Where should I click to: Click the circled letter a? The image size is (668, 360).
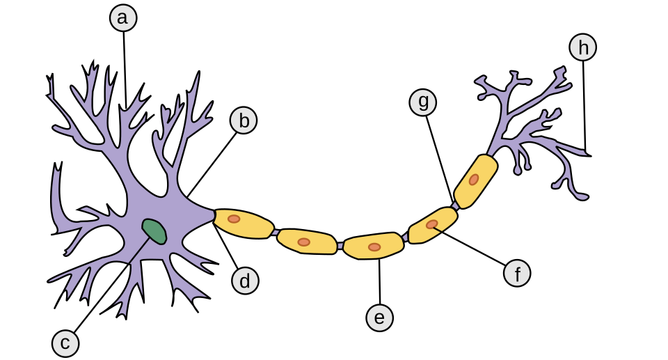coord(123,18)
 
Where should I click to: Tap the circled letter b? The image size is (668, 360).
coord(244,121)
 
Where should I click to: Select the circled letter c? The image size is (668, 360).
coord(65,343)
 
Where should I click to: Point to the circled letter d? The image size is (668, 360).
coord(245,281)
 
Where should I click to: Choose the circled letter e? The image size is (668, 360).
coord(379,318)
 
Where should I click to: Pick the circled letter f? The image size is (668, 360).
coord(517,274)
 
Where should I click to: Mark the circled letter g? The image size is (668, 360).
coord(422,102)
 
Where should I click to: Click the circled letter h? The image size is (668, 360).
coord(583,47)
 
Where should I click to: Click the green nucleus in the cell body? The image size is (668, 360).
coord(154,231)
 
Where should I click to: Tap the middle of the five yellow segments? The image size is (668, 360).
coord(374,246)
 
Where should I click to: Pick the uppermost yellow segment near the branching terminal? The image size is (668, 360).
coord(476,180)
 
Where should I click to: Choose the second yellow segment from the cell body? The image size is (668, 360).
coord(306,241)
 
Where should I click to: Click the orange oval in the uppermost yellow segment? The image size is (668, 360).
coord(474,180)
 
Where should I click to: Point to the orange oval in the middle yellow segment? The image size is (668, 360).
coord(374,247)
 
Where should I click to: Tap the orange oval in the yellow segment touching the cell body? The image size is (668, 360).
coord(234,219)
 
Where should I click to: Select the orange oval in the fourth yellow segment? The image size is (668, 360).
coord(432,224)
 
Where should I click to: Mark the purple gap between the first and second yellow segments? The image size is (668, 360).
coord(276,233)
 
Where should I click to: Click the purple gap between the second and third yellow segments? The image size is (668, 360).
coord(340,246)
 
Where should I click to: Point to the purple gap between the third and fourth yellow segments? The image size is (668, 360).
coord(405,238)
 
